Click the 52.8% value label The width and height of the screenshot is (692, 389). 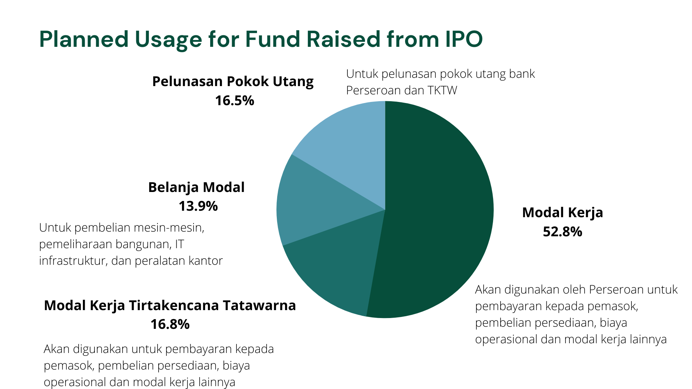coord(562,232)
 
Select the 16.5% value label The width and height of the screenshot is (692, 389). coord(235,100)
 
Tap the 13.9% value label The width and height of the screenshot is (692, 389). coord(198,206)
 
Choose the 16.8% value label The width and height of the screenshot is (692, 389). coord(170,324)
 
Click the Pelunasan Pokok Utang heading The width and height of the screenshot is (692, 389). coord(233,81)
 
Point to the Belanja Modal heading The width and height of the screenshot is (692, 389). coord(196,187)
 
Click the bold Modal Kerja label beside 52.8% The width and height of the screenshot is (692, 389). coord(562,213)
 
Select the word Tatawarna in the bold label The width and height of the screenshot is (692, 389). coord(259,305)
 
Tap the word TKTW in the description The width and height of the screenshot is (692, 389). coord(442,90)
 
